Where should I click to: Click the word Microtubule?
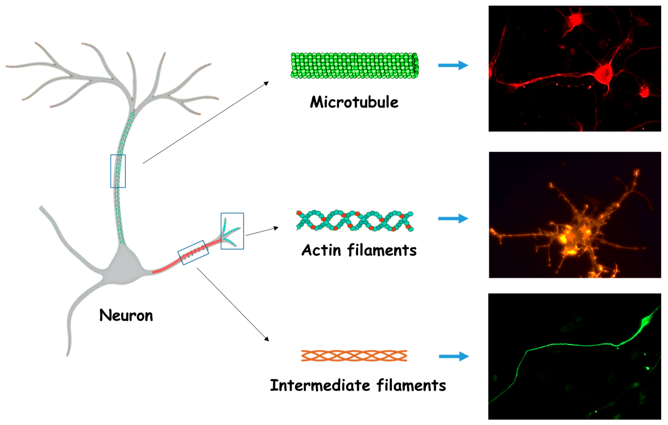click(354, 102)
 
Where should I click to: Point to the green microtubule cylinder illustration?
click(354, 65)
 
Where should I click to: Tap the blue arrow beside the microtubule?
click(453, 65)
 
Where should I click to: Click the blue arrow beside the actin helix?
click(453, 218)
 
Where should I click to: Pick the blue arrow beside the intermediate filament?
click(453, 357)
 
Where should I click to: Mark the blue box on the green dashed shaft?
click(118, 171)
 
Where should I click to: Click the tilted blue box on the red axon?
click(193, 252)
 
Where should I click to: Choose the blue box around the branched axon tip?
click(232, 231)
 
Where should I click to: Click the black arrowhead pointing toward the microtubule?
click(266, 83)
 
